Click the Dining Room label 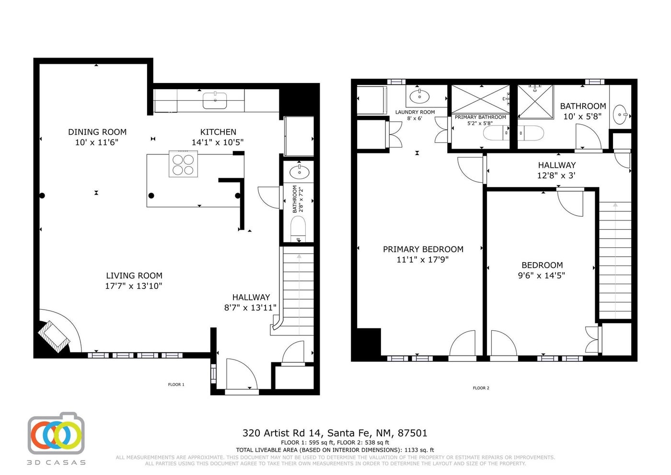pyautogui.click(x=97, y=132)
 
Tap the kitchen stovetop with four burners pyautogui.click(x=183, y=164)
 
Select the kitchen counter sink pyautogui.click(x=215, y=100)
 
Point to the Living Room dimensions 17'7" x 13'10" pyautogui.click(x=134, y=286)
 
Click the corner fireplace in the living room pyautogui.click(x=54, y=336)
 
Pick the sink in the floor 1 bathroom pyautogui.click(x=299, y=172)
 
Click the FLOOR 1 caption pyautogui.click(x=176, y=384)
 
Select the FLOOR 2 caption pyautogui.click(x=481, y=388)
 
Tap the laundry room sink pyautogui.click(x=419, y=96)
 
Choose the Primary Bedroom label pyautogui.click(x=423, y=249)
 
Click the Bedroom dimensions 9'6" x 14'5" pyautogui.click(x=542, y=276)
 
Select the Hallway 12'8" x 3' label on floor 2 pyautogui.click(x=557, y=170)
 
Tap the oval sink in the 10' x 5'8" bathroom pyautogui.click(x=619, y=115)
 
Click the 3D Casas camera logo pyautogui.click(x=56, y=433)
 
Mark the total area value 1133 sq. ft pyautogui.click(x=419, y=450)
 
